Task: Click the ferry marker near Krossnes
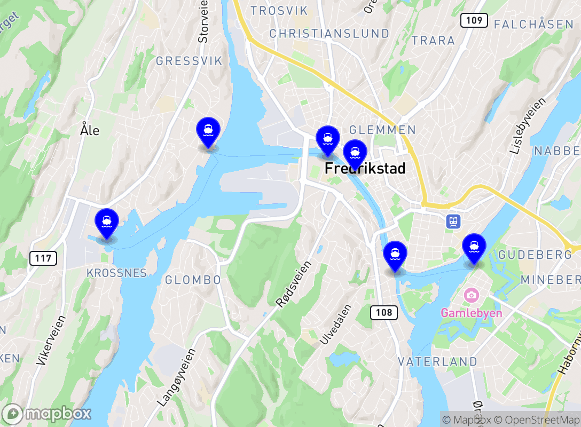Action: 107,224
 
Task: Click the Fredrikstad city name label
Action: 365,169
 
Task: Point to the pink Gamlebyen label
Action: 471,313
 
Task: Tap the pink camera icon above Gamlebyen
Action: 471,295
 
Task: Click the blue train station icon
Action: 454,221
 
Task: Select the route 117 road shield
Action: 43,259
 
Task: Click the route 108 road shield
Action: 384,312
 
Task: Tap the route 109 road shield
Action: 474,21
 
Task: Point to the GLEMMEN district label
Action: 382,130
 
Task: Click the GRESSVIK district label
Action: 189,61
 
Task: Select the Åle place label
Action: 90,130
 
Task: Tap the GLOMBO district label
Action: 193,280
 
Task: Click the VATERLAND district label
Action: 438,362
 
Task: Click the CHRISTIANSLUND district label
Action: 329,34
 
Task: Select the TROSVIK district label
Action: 279,11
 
